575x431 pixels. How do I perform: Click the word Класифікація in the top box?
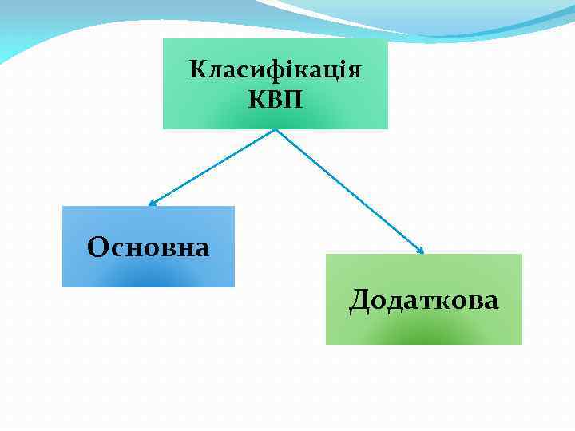(276, 70)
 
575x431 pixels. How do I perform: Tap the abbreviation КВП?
(276, 101)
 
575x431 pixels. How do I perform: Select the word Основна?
(149, 247)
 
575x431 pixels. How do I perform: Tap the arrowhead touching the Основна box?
(152, 204)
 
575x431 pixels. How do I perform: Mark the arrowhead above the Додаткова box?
(421, 251)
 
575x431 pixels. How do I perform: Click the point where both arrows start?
(276, 130)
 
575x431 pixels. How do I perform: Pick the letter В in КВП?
(276, 101)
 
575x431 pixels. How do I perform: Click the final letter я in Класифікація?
(356, 71)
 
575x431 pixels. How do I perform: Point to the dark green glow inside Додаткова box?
(424, 338)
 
